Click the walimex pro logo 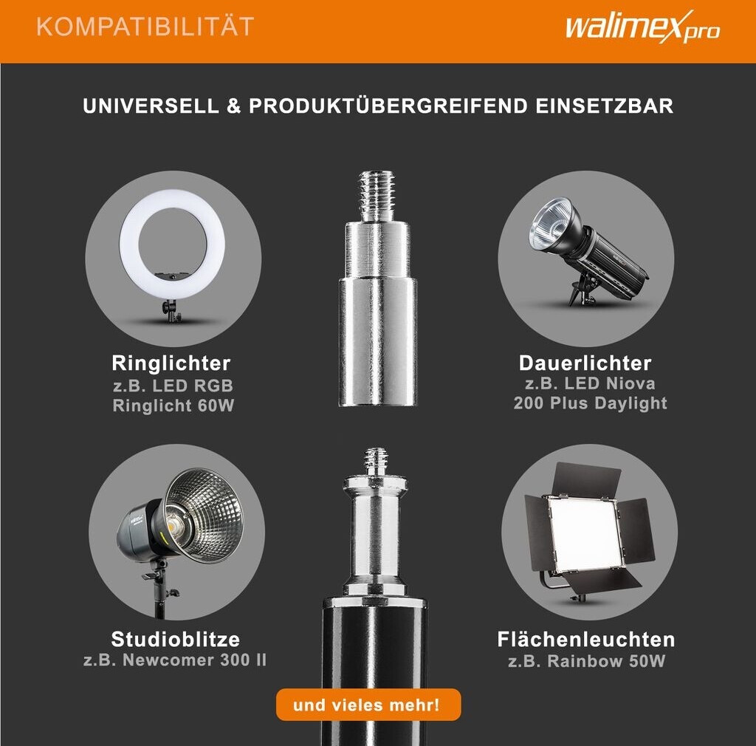643,27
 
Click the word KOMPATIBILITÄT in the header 145,27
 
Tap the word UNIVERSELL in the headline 151,106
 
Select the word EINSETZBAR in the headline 604,106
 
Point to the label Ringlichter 171,363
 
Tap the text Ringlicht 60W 173,405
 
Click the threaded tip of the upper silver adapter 377,195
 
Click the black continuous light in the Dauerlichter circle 589,250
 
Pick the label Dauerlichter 585,363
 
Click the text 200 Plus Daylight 590,403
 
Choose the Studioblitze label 176,639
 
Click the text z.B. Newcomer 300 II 175,660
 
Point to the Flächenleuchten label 585,640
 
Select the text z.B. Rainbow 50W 586,660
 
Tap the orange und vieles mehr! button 368,705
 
